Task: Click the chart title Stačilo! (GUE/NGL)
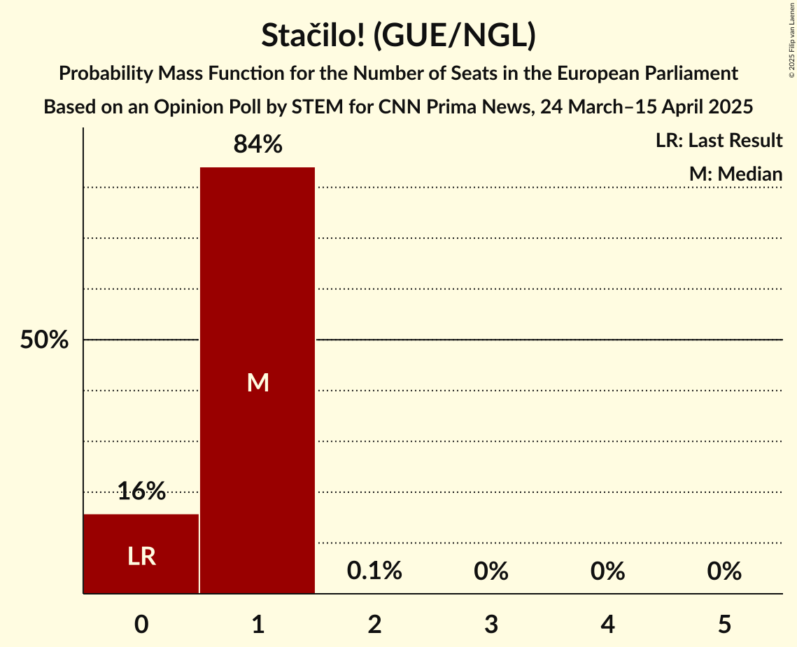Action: coord(398,36)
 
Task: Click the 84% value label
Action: coord(258,144)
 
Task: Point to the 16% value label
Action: coord(141,491)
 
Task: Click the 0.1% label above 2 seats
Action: coord(374,571)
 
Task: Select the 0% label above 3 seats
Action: coord(491,571)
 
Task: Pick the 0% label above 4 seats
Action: coord(607,571)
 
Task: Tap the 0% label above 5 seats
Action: coord(724,571)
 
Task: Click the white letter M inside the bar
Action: coord(258,382)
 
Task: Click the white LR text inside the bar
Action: coord(141,556)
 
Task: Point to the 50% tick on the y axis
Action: coord(44,340)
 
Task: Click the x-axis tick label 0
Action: coord(141,624)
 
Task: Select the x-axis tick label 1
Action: coord(258,624)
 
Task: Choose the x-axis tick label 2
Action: coord(374,624)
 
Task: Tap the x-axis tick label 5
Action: coord(724,624)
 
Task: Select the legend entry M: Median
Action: coord(735,174)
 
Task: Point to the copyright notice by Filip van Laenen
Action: coord(791,43)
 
